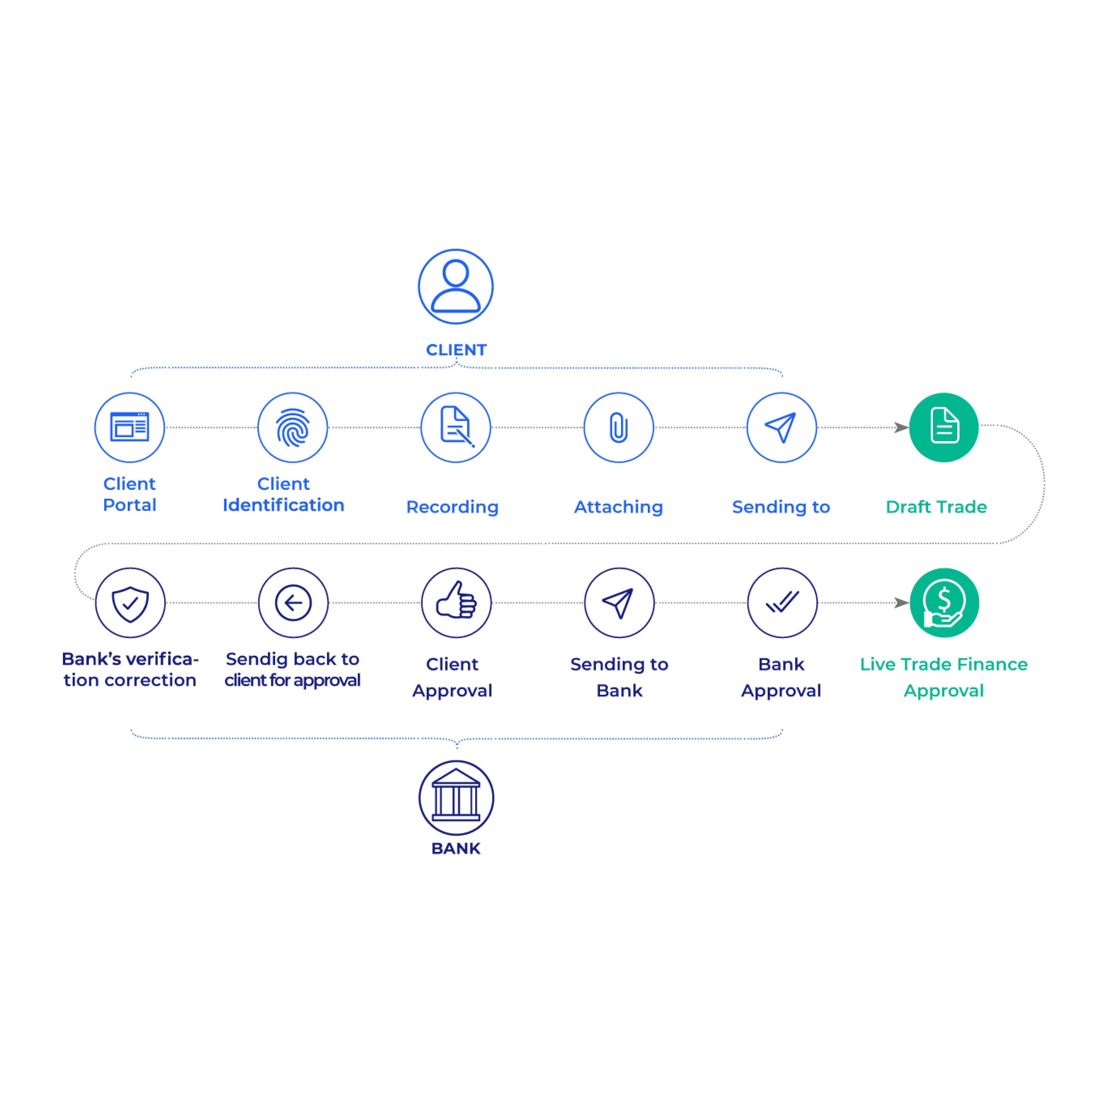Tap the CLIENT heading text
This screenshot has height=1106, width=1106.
tap(456, 350)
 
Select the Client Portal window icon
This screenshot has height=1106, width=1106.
tap(129, 427)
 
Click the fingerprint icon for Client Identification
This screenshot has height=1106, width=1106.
tap(292, 427)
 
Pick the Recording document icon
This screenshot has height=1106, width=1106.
tap(456, 427)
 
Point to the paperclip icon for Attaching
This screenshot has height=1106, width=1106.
tap(618, 427)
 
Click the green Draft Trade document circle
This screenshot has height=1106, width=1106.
tap(944, 427)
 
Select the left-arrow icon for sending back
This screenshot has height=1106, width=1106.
tap(293, 603)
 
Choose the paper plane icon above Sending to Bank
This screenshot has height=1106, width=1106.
tap(619, 603)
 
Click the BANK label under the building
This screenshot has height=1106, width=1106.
tap(456, 848)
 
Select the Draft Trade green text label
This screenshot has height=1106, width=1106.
tap(936, 507)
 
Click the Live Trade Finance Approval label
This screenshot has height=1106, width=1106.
tap(943, 677)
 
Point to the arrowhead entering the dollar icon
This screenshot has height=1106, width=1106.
tap(901, 603)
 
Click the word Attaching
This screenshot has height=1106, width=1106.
tap(618, 507)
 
